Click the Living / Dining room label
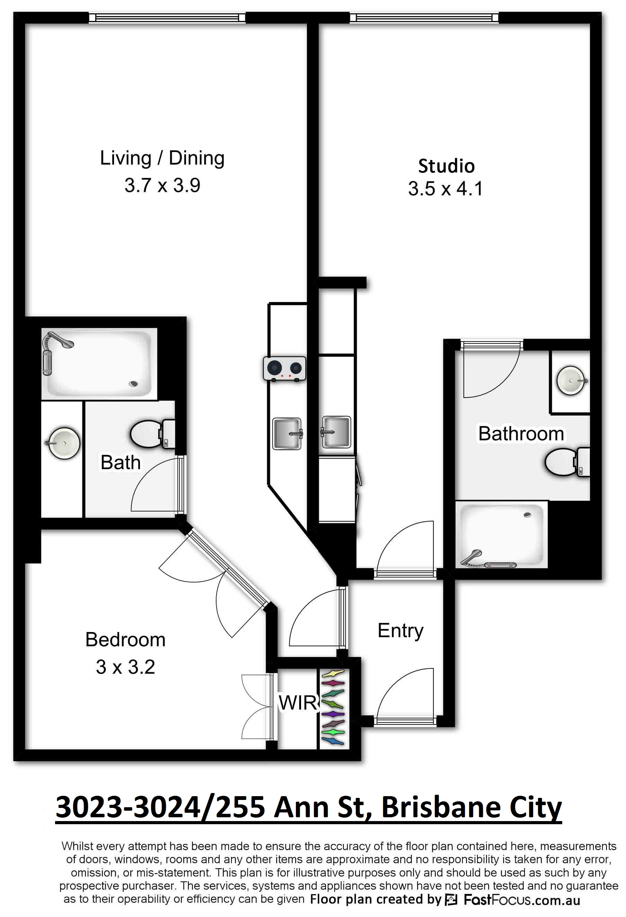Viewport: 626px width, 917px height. point(162,158)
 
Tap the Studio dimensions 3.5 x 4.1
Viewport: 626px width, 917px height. point(446,189)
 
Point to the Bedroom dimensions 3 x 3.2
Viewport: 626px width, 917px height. point(125,667)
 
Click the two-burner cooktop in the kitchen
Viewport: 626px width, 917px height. point(284,368)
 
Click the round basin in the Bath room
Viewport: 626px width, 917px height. point(63,443)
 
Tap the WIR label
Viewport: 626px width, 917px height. point(298,702)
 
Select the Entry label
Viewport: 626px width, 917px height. point(400,630)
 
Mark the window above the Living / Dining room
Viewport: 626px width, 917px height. point(167,18)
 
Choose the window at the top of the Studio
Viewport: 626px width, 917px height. point(424,18)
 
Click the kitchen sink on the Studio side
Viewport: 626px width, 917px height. point(336,432)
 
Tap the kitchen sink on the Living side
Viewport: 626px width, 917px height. point(287,434)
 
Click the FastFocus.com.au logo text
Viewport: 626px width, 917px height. point(521,900)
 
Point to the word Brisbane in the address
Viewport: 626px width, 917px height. point(441,807)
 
